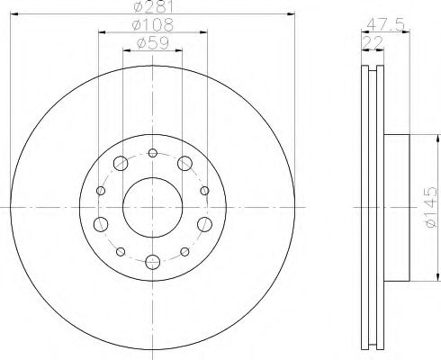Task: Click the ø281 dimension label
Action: click(151, 8)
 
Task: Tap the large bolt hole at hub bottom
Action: click(152, 261)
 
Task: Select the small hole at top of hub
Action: click(152, 151)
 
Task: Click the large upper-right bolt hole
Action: click(184, 163)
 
